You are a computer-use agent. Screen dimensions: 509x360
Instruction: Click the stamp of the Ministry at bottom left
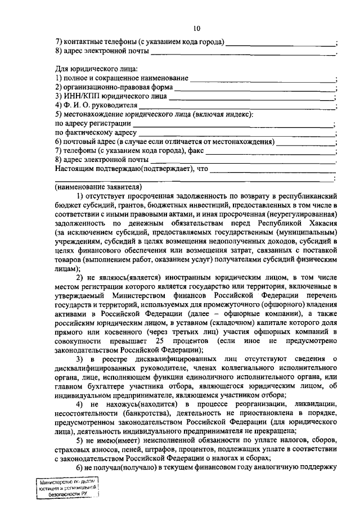tap(65, 487)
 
